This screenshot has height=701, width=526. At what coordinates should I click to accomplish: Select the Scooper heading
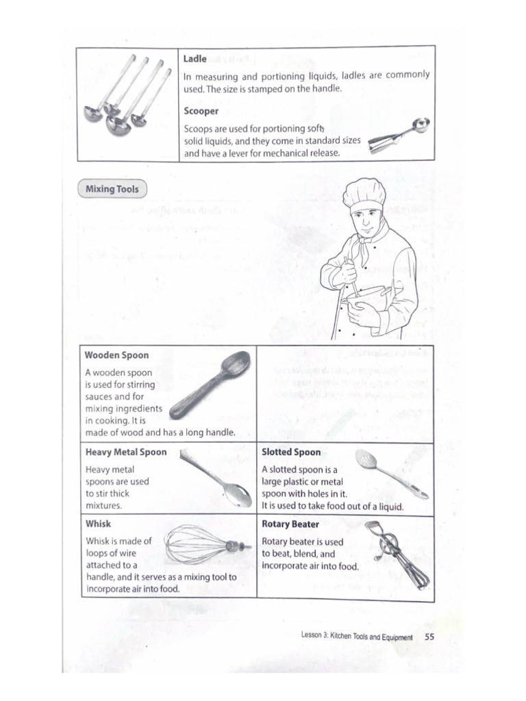201,111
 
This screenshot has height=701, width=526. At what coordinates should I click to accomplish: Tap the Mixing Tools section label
112,188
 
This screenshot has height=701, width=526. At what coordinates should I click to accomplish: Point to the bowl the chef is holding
366,298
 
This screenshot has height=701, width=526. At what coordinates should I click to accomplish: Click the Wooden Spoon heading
116,355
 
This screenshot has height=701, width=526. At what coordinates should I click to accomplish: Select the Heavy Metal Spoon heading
125,453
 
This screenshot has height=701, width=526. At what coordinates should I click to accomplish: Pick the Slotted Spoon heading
290,453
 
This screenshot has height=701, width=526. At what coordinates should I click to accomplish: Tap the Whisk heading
98,524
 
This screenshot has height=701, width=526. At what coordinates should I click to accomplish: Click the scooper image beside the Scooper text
399,136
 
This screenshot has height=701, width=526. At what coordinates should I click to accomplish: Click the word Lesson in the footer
312,636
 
